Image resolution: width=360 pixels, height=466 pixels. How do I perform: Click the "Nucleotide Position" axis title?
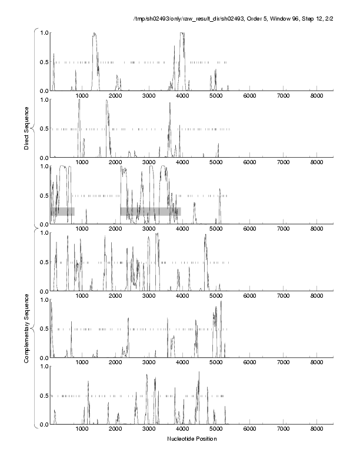click(x=191, y=438)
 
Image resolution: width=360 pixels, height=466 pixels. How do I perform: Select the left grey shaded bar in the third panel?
click(x=62, y=211)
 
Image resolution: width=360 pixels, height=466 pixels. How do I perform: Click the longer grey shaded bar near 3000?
click(x=150, y=211)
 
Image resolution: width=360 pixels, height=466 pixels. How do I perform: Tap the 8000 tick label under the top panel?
click(x=317, y=95)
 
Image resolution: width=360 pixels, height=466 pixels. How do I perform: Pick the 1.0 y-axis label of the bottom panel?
click(x=42, y=367)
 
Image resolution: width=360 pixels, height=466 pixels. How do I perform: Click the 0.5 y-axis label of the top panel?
click(x=42, y=62)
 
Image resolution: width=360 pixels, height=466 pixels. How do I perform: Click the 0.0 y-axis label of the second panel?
click(x=42, y=158)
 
